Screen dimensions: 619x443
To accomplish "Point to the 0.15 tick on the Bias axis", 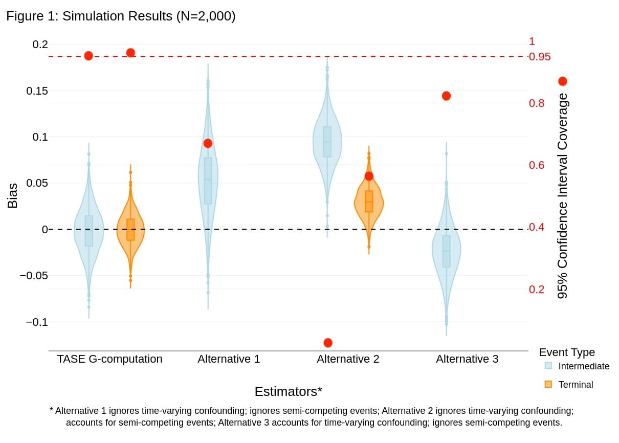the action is click(x=37, y=91).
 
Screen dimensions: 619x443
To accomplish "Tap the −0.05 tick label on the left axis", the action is click(x=34, y=276).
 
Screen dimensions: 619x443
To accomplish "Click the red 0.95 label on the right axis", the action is click(x=539, y=57).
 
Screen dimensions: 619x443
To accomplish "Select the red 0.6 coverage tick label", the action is click(x=536, y=165).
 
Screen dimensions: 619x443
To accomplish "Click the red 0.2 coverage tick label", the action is click(x=536, y=290).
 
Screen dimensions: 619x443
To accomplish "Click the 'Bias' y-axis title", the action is click(x=12, y=195).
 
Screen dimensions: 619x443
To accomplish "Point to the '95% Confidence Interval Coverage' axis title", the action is click(x=562, y=195).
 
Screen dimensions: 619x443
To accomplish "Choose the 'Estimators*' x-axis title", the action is click(x=288, y=391).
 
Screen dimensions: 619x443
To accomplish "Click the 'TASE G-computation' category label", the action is click(x=109, y=359).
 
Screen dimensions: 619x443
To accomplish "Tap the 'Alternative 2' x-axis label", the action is click(x=348, y=359).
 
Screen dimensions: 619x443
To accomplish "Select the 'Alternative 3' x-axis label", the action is click(x=467, y=359).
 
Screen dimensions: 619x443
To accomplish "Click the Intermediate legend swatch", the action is click(x=548, y=366).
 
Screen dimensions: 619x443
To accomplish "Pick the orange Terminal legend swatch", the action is click(x=548, y=384).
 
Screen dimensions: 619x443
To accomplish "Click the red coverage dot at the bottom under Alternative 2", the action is click(x=328, y=343).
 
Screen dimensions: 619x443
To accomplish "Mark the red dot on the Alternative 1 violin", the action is click(x=208, y=143).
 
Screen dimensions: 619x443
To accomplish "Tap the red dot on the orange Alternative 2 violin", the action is click(x=369, y=176).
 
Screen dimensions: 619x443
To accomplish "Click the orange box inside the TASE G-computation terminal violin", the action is click(x=130, y=230).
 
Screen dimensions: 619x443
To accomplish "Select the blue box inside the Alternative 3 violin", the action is click(x=446, y=251).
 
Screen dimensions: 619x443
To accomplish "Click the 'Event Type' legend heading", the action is click(x=567, y=352).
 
